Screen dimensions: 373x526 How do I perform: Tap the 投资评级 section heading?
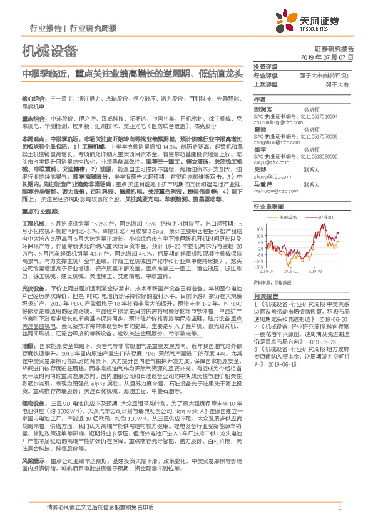point(264,66)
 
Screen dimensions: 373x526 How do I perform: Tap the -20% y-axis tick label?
point(259,267)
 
